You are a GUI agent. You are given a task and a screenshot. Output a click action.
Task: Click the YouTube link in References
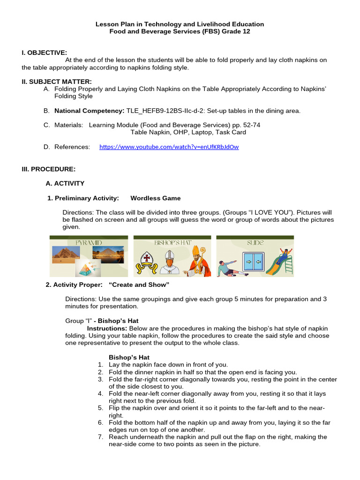tap(169, 147)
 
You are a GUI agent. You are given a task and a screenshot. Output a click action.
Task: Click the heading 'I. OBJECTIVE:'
tap(44, 52)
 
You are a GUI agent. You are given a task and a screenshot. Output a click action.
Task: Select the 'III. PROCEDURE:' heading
tap(48, 169)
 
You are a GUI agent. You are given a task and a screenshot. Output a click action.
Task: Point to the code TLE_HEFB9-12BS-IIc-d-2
tap(165, 111)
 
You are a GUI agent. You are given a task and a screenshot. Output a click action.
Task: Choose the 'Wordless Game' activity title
tap(155, 198)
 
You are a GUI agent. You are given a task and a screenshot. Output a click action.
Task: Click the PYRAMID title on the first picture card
tap(88, 243)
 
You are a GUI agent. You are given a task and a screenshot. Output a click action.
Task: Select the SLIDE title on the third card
tap(255, 243)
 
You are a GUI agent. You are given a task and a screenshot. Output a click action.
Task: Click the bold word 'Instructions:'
tap(107, 329)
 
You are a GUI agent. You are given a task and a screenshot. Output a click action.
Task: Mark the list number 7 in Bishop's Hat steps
tap(100, 437)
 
